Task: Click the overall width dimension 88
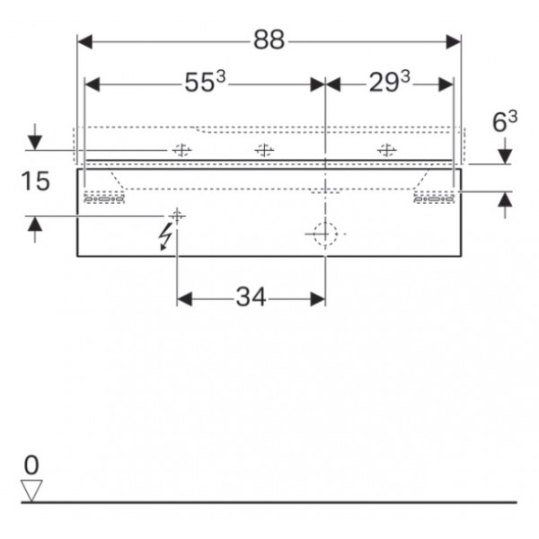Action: click(269, 40)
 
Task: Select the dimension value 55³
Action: click(205, 81)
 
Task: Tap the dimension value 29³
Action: click(390, 81)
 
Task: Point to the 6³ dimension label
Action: click(505, 121)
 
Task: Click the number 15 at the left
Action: click(35, 181)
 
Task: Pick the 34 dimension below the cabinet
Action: click(251, 297)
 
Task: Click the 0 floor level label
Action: click(31, 465)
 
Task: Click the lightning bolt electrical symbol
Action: click(165, 236)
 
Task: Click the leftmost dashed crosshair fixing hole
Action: click(181, 150)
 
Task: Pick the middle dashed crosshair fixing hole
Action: click(264, 150)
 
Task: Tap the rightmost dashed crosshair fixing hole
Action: click(386, 150)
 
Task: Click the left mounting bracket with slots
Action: click(104, 198)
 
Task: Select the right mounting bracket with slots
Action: click(434, 198)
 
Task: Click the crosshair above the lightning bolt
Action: click(177, 216)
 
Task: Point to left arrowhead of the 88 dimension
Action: click(85, 41)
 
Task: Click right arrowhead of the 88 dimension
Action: click(453, 41)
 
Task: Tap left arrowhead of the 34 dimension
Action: click(184, 299)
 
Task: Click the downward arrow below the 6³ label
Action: click(505, 151)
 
